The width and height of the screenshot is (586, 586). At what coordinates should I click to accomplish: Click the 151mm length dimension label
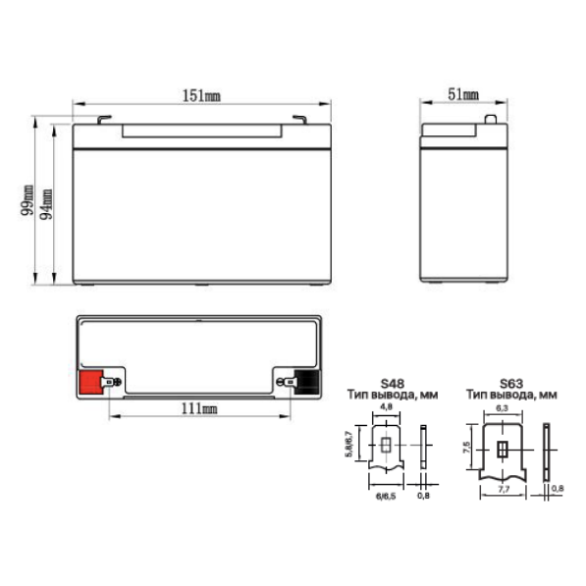point(201,95)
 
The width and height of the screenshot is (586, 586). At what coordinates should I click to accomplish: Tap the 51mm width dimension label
point(463,94)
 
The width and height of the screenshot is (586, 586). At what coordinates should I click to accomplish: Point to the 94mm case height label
point(46,204)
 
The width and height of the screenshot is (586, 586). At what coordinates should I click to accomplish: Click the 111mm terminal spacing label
point(199,408)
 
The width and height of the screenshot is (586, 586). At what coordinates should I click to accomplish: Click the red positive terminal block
point(91,382)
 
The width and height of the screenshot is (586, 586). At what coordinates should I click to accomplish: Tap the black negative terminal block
point(307,382)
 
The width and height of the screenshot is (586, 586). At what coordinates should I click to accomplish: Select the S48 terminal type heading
point(392,384)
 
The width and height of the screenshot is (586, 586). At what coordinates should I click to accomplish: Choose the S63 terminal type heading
point(511,384)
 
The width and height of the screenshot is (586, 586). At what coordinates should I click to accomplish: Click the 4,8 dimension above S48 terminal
point(386,406)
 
